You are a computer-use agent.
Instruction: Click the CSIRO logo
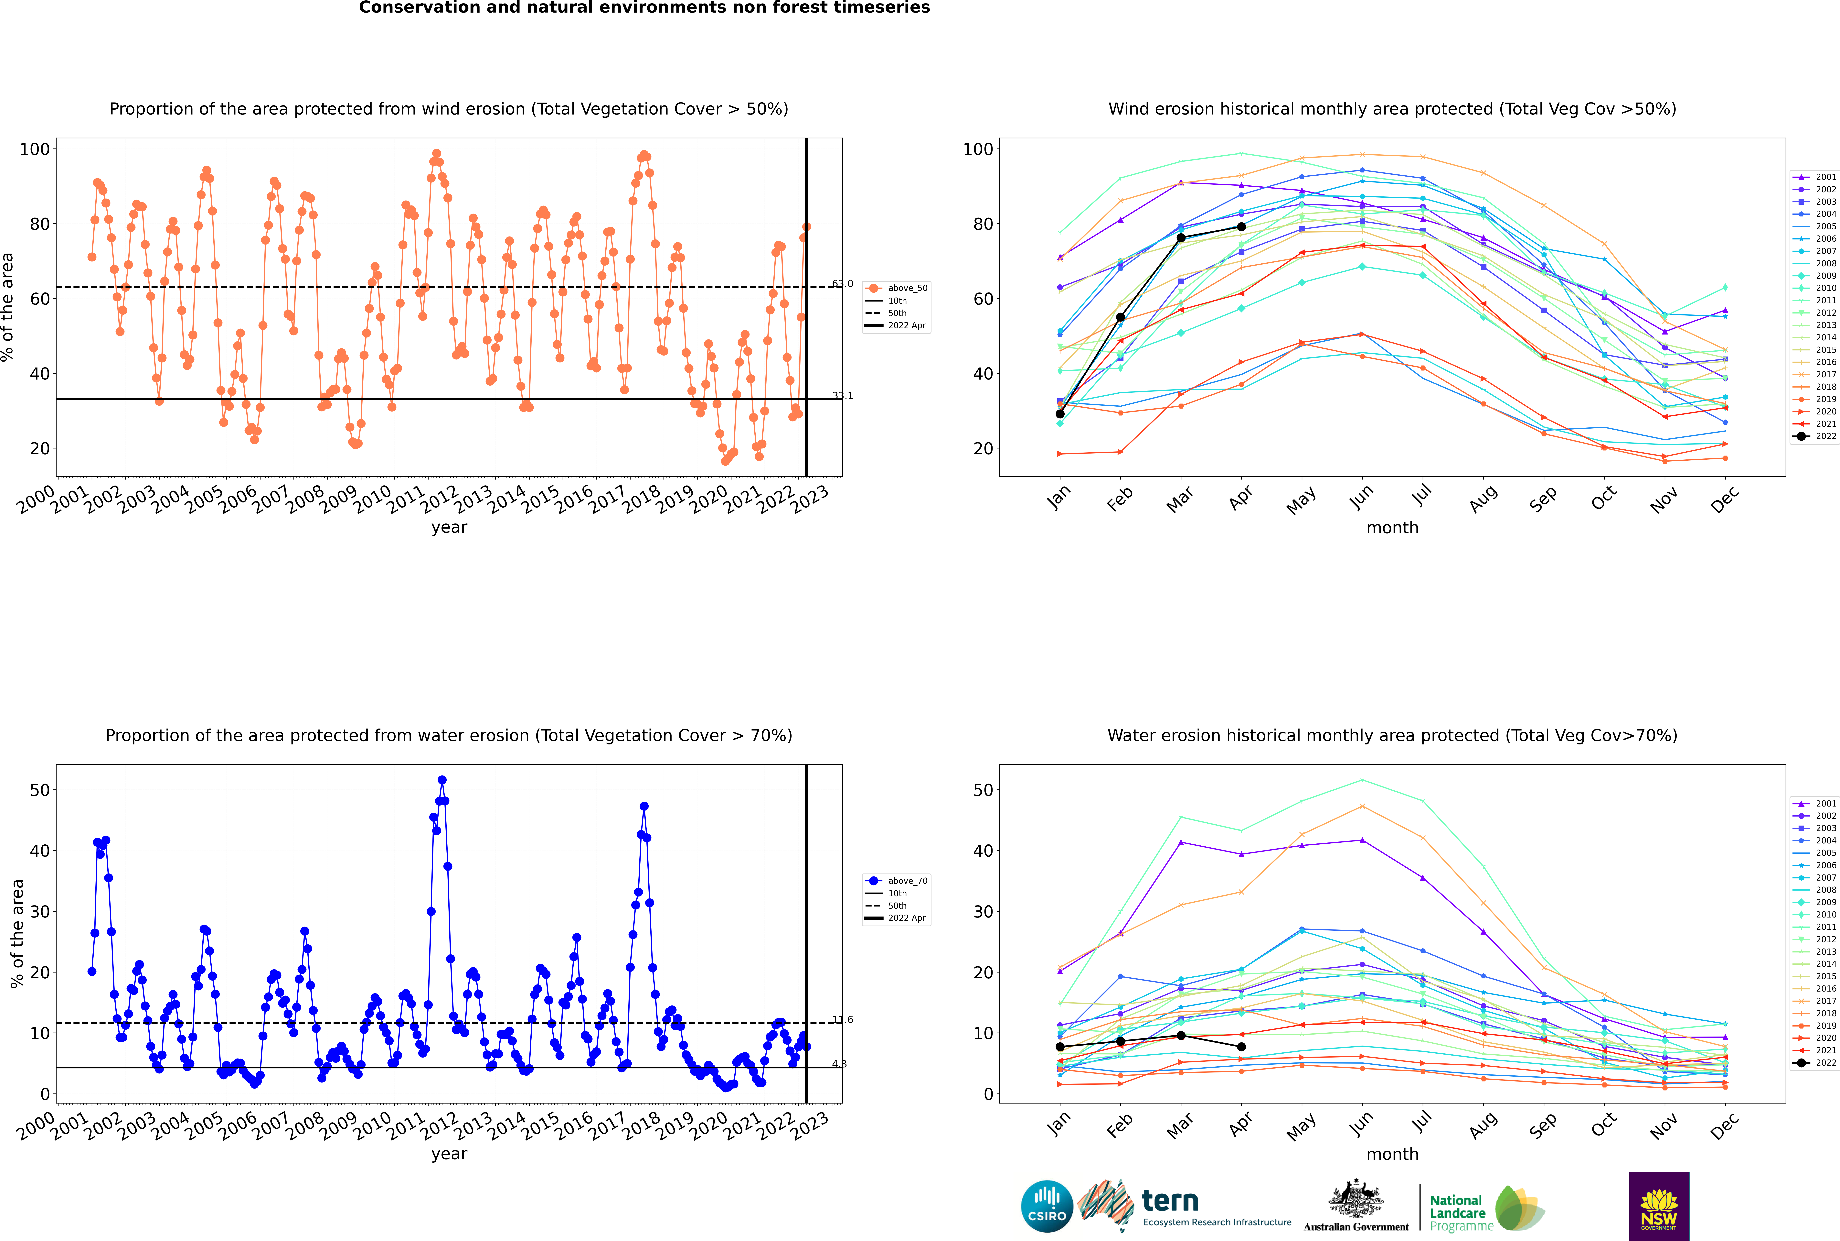pos(1047,1206)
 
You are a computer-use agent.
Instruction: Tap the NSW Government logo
pos(1659,1205)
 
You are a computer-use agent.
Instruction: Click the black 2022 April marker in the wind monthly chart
pos(1241,227)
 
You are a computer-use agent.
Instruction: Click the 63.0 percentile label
pos(843,283)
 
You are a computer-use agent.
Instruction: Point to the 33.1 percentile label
pos(843,396)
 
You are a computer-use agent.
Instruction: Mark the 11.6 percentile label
pos(843,1019)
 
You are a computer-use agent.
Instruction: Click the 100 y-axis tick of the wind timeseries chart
pos(35,149)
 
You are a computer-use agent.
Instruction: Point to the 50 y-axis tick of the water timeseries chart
pos(39,790)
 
